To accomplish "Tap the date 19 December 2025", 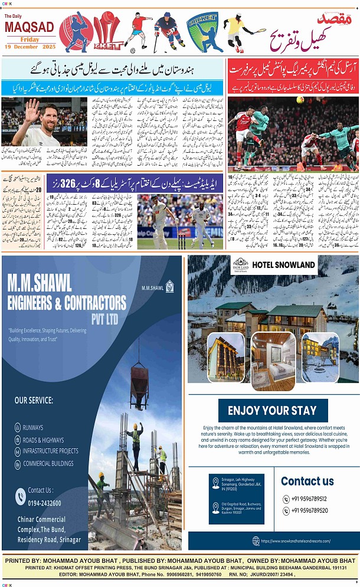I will [x=30, y=47].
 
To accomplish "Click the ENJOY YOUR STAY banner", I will [x=272, y=411].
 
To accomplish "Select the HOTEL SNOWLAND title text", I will [x=283, y=264].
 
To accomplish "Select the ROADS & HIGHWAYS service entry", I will [x=43, y=440].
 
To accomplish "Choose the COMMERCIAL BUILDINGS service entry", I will [x=48, y=464].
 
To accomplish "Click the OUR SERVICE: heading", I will [x=34, y=401].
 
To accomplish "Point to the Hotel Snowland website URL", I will [x=295, y=540].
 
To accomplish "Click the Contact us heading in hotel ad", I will [x=307, y=481].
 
